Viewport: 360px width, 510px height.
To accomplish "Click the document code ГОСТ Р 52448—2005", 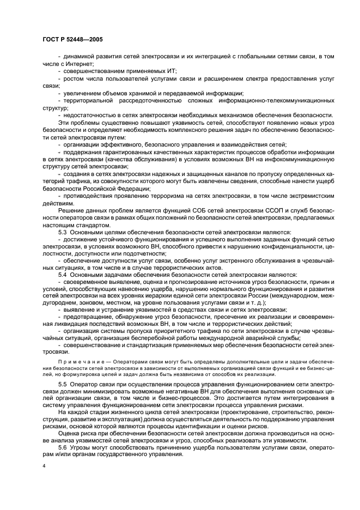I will coord(72,39).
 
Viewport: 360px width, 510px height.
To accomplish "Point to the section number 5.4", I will coord(63,275).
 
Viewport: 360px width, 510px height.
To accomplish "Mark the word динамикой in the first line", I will coord(80,57).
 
